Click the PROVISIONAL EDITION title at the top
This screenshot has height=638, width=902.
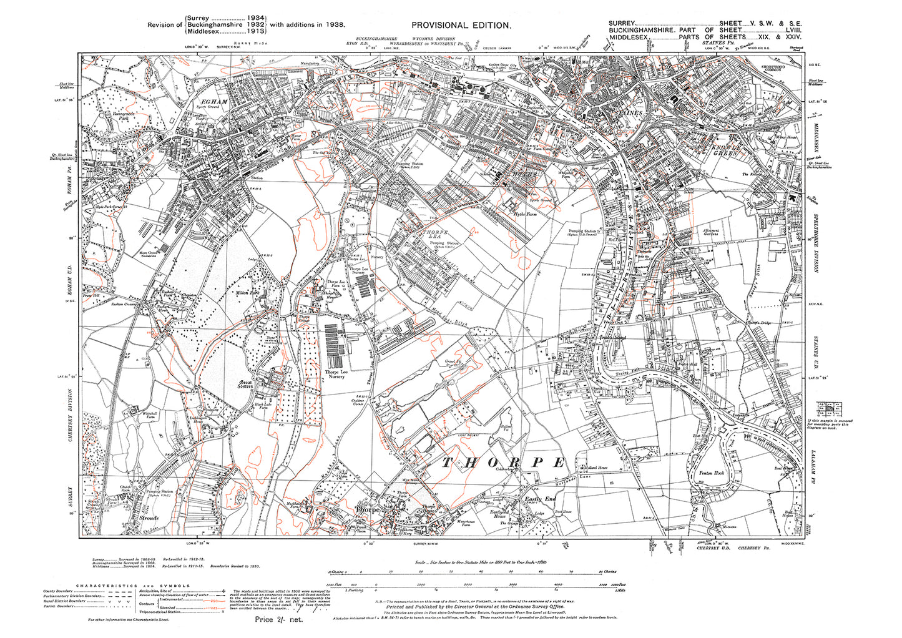point(461,25)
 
